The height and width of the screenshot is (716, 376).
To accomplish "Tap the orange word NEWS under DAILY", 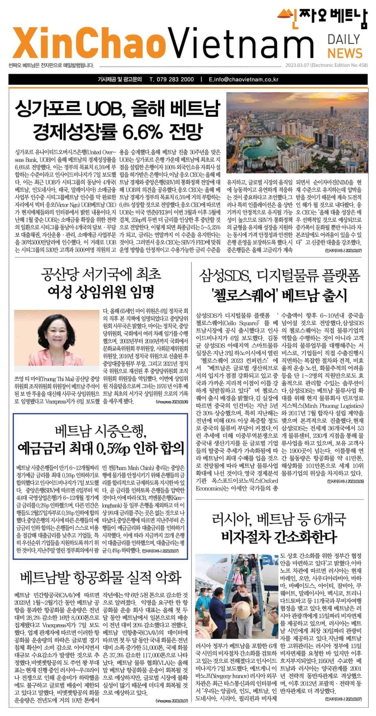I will coord(341,53).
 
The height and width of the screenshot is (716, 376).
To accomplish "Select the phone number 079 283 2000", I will coord(172,79).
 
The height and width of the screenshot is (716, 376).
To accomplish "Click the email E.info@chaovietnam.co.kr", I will coord(243,79).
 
